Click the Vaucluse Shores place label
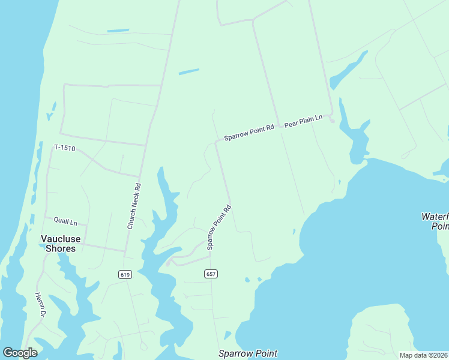[x=58, y=243]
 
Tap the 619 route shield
[x=125, y=274]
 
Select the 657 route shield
[x=211, y=274]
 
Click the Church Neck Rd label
[x=133, y=206]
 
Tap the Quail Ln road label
[x=65, y=222]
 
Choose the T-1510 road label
[x=64, y=148]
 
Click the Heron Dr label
[x=40, y=305]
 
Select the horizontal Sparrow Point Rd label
[x=249, y=133]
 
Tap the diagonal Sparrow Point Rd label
[x=219, y=227]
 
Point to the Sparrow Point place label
[x=248, y=353]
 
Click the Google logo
[x=20, y=353]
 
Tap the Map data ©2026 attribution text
[x=423, y=355]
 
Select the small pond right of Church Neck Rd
[x=188, y=72]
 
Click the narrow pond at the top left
[x=118, y=31]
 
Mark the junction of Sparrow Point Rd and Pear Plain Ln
[x=279, y=126]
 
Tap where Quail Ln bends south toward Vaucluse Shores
[x=86, y=226]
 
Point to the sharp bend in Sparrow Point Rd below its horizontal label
[x=216, y=143]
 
